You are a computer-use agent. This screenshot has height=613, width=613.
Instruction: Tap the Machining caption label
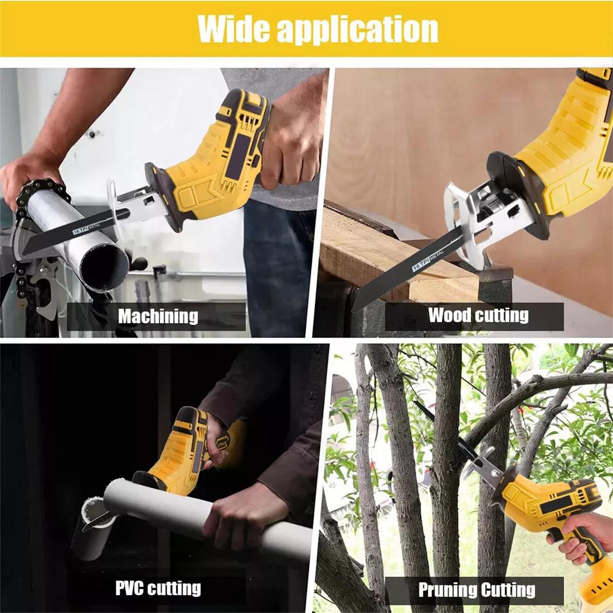[158, 316]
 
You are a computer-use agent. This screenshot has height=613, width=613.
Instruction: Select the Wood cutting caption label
[478, 316]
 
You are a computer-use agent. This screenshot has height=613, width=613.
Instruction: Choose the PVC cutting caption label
[158, 588]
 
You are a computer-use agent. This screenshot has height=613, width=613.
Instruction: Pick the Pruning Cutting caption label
[477, 590]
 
